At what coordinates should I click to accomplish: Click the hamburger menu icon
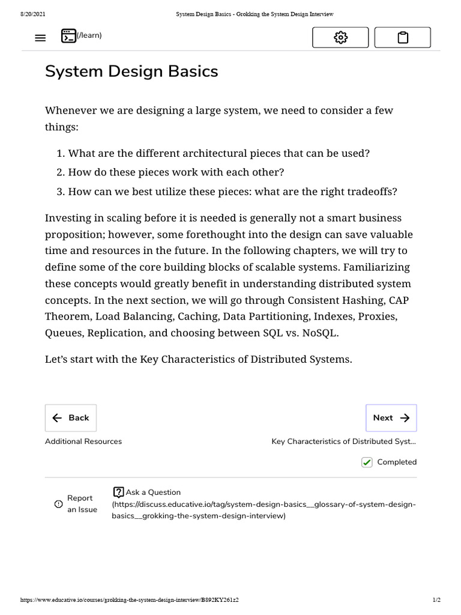40,38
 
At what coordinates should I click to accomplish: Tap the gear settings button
340,38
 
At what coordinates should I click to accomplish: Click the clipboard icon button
403,38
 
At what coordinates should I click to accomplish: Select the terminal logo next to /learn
68,36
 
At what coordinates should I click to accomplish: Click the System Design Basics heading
131,71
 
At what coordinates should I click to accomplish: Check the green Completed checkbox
367,462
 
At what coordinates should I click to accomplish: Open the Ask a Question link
147,492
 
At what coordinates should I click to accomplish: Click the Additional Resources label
83,441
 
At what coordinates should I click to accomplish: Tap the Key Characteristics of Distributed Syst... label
343,441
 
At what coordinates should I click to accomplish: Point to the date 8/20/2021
33,14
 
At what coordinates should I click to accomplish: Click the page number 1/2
436,600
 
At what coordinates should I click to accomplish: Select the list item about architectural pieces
218,153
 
